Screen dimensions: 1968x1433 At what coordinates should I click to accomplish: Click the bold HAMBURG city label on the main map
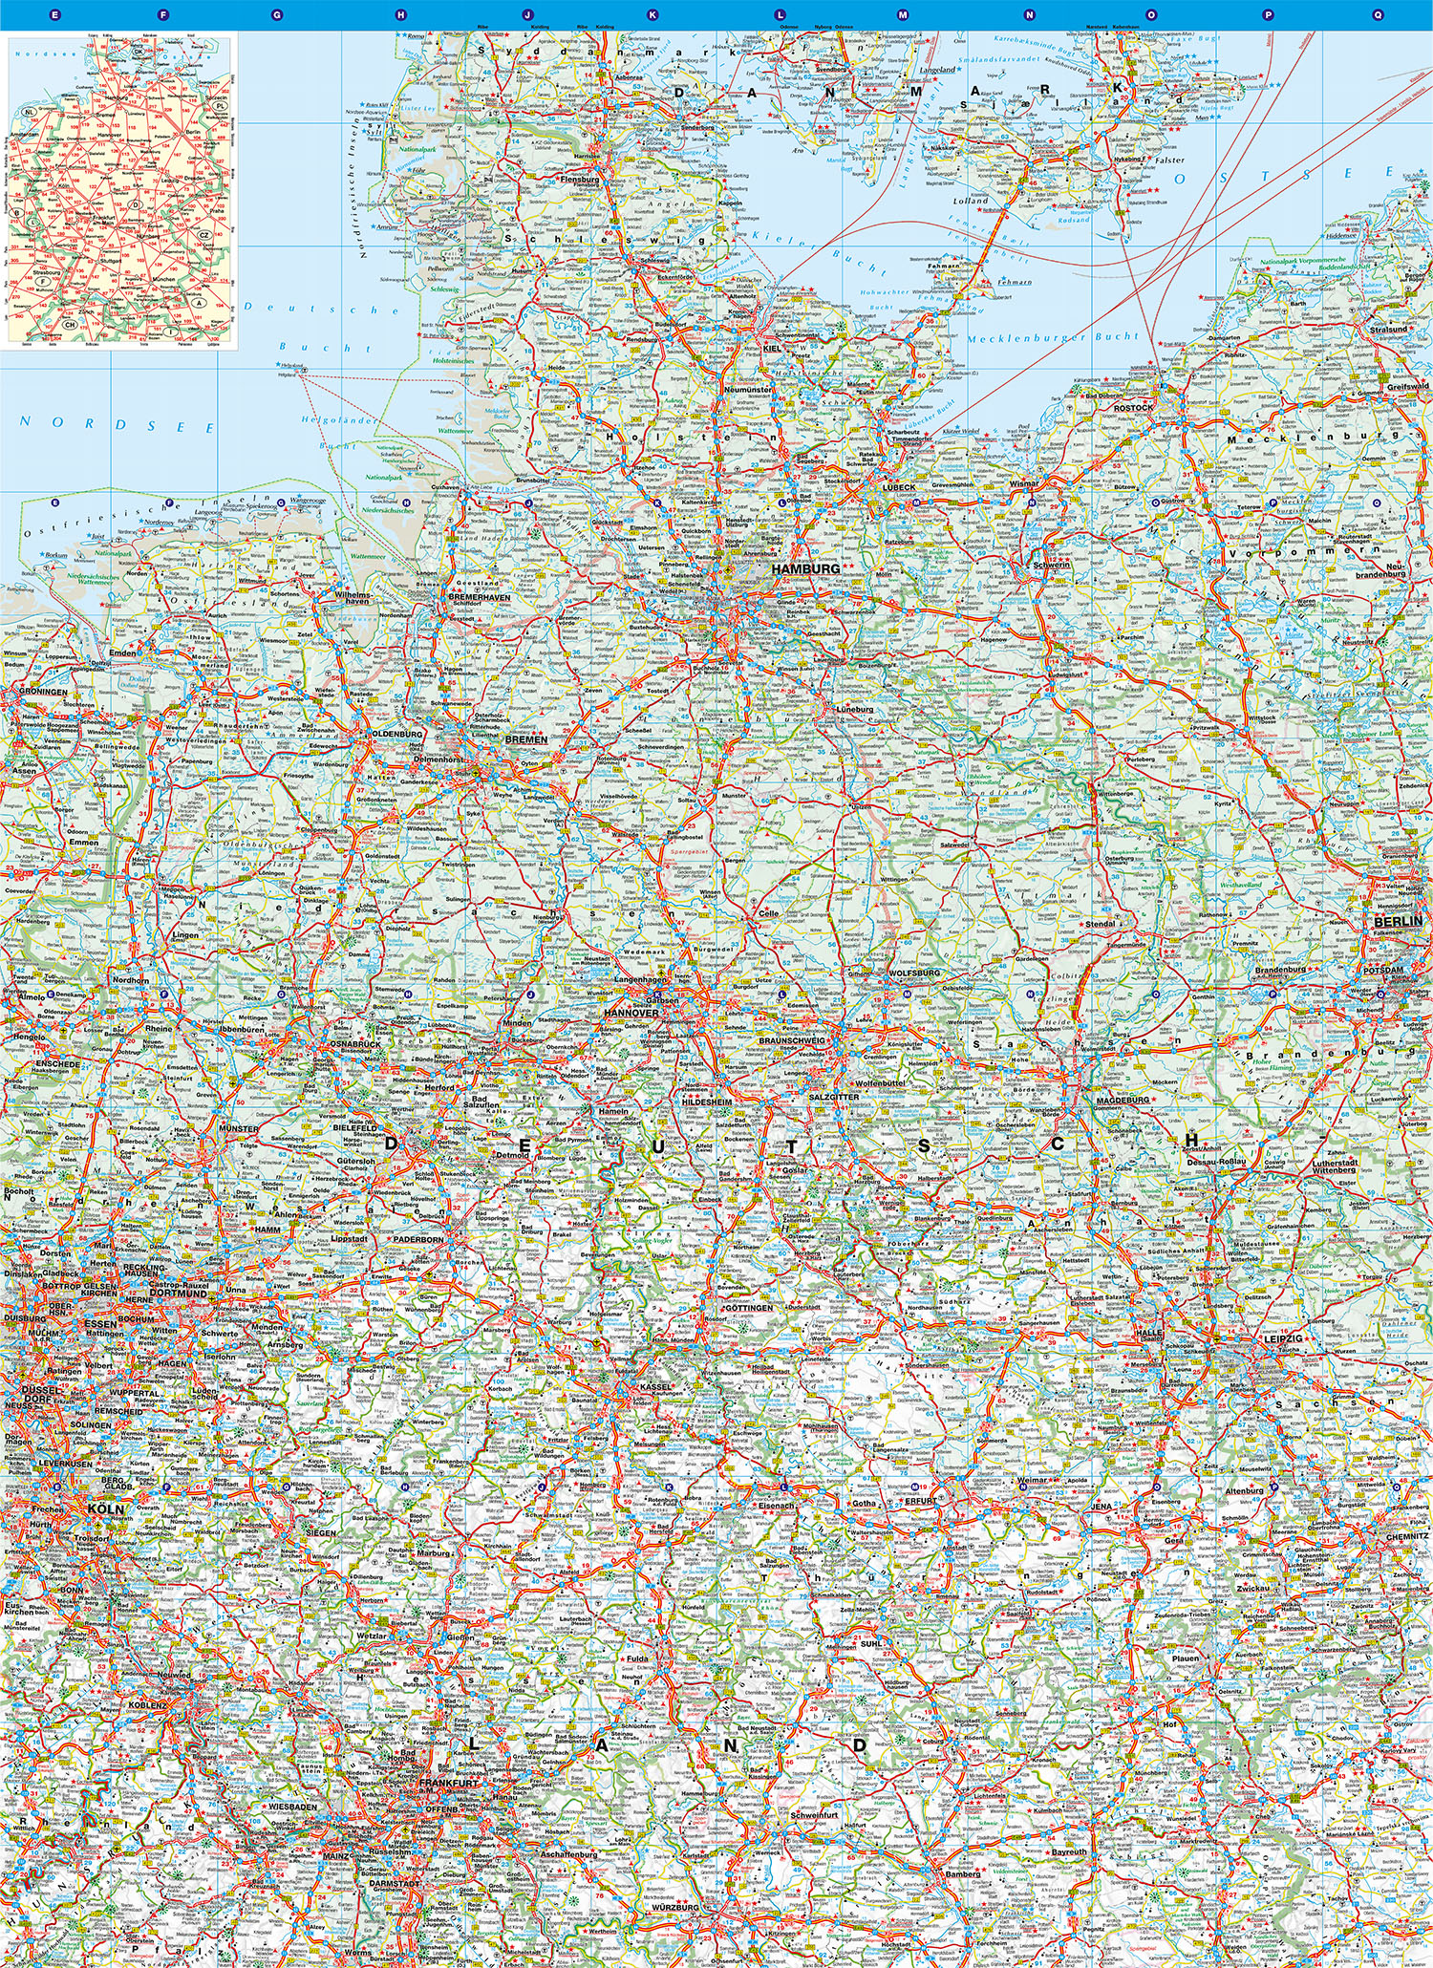coord(805,568)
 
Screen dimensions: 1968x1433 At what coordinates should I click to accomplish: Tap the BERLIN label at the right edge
coord(1398,921)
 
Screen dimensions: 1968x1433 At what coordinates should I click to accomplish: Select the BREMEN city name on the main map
coord(526,739)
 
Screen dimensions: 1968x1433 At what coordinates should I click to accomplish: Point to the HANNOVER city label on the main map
coord(631,1013)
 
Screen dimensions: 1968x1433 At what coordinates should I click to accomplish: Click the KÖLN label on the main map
coord(105,1508)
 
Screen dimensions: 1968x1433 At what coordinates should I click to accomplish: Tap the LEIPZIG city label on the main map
coord(1282,1338)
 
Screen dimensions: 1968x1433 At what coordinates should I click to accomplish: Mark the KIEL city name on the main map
coord(773,349)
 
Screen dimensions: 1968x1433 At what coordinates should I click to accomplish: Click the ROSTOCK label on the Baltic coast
coord(1133,408)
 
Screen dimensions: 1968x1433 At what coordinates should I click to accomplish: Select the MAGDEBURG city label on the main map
coord(1123,1100)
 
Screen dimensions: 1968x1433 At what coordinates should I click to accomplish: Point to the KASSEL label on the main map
coord(655,1385)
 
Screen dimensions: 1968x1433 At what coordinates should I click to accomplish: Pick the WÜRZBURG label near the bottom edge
coord(675,1907)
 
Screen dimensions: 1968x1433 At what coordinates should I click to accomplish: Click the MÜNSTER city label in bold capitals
coord(238,1128)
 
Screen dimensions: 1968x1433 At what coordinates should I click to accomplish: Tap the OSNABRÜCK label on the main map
coord(355,1044)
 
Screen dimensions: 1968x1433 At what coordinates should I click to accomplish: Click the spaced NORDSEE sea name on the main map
coord(118,424)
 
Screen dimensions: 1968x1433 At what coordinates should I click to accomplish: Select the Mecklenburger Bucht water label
coord(1052,337)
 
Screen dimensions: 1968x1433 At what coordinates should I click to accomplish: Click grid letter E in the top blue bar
coord(54,14)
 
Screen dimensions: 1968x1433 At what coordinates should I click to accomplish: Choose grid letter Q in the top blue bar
coord(1378,14)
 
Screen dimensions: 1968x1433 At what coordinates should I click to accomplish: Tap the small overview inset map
coord(119,189)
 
